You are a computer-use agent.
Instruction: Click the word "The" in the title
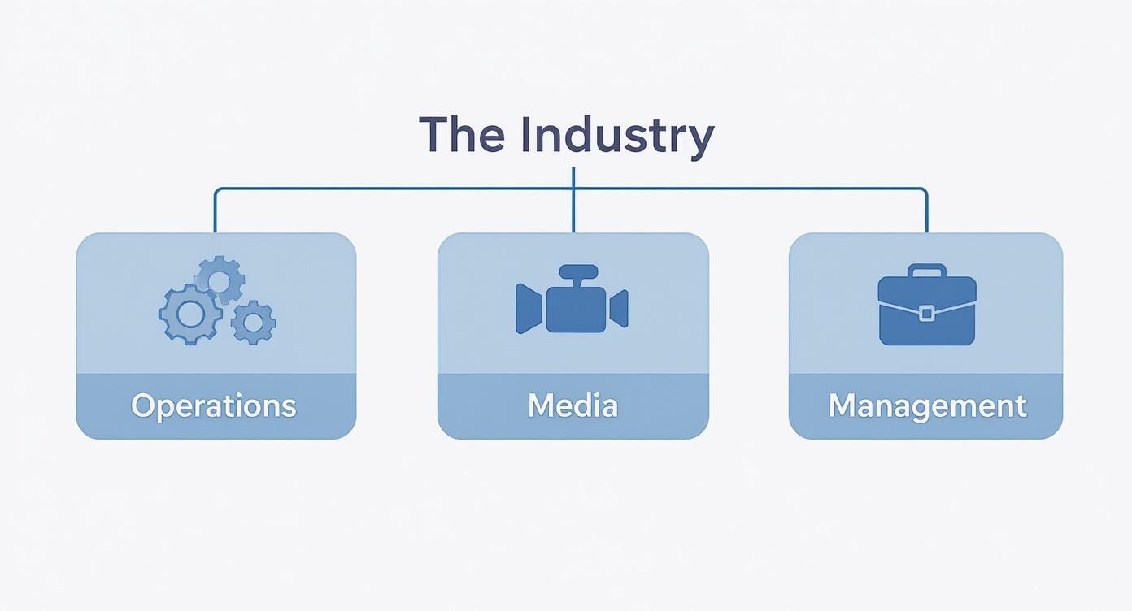pyautogui.click(x=459, y=135)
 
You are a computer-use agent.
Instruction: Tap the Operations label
pyautogui.click(x=214, y=405)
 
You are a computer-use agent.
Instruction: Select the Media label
pyautogui.click(x=573, y=405)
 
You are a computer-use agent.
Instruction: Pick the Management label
pyautogui.click(x=927, y=405)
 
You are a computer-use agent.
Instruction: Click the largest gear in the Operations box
pyautogui.click(x=189, y=314)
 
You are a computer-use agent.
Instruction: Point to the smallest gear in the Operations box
pyautogui.click(x=253, y=323)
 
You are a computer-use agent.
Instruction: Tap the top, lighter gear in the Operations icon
pyautogui.click(x=220, y=281)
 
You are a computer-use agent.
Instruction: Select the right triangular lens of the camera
pyautogui.click(x=620, y=309)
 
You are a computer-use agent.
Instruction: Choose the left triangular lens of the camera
pyautogui.click(x=529, y=309)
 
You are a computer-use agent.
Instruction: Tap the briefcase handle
pyautogui.click(x=927, y=271)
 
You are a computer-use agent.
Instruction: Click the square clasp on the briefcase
pyautogui.click(x=926, y=314)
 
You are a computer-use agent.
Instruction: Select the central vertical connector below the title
pyautogui.click(x=573, y=203)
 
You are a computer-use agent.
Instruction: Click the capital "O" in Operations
pyautogui.click(x=143, y=405)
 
